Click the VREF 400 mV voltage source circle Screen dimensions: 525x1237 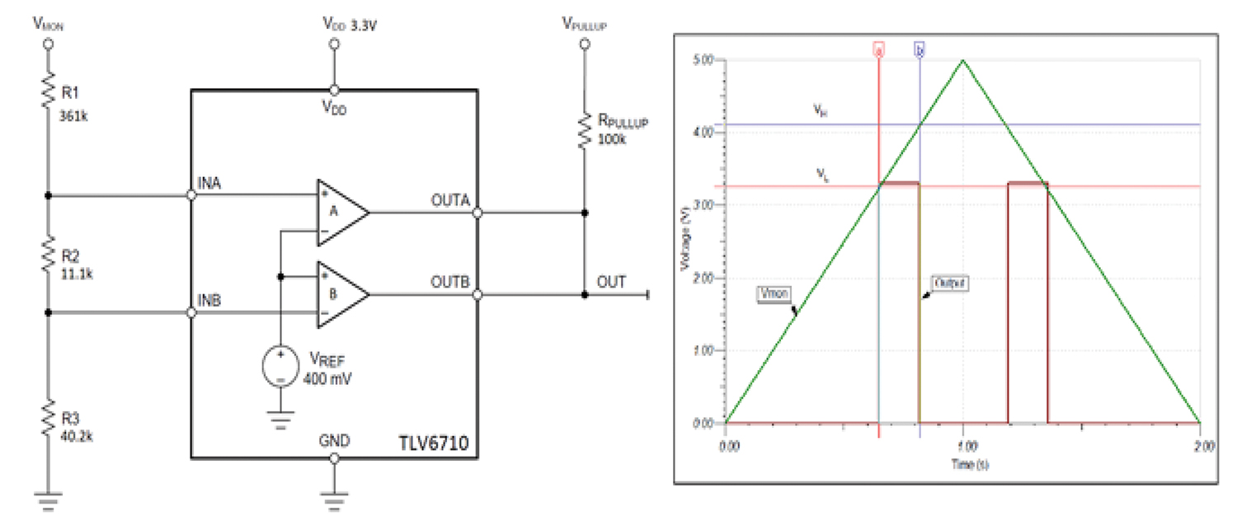pos(280,367)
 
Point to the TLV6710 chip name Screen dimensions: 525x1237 pos(435,443)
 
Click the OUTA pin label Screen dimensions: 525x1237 pos(450,199)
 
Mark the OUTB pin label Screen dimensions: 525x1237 pos(450,281)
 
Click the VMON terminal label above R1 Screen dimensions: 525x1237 pos(48,23)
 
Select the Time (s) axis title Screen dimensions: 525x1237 pos(962,465)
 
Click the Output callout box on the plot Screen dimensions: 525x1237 pos(948,283)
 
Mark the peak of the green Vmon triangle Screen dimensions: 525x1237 pos(962,59)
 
